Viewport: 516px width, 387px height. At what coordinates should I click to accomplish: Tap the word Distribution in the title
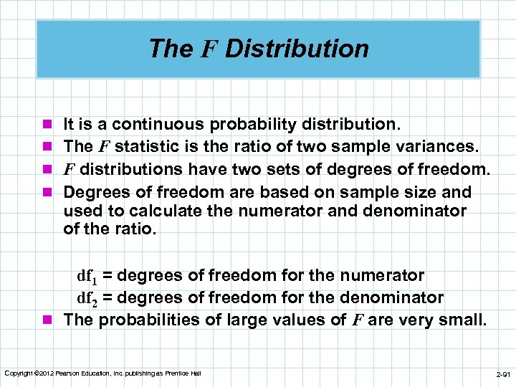297,49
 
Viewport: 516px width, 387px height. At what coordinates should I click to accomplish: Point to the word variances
438,147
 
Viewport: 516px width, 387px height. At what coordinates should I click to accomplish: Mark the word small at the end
466,320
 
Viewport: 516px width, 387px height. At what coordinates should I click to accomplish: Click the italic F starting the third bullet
69,170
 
